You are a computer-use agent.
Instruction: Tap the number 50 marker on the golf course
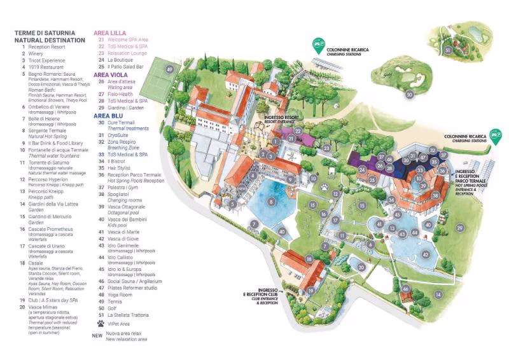point(409,95)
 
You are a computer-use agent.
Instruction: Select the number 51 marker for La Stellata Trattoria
point(448,50)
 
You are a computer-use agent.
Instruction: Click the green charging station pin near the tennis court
point(316,45)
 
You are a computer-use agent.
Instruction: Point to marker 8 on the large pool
point(272,202)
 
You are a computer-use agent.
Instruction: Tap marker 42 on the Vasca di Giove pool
point(426,254)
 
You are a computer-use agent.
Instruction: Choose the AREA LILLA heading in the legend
point(111,32)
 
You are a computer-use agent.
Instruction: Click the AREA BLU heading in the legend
point(108,116)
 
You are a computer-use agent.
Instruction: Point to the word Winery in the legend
point(37,54)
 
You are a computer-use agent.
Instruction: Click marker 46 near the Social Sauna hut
point(405,289)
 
